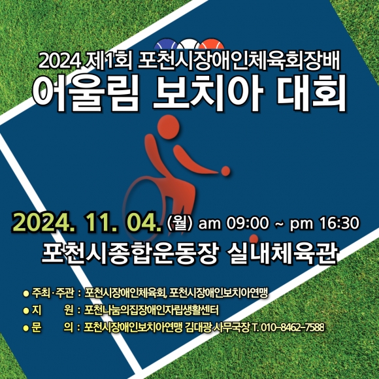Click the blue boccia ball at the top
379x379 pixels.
coord(166,45)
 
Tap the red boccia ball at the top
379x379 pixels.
coord(212,45)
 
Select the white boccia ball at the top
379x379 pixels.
coord(189,45)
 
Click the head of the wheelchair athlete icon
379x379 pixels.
coord(169,127)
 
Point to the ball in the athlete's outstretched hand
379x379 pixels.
coord(225,171)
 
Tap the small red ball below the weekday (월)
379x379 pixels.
coord(254,239)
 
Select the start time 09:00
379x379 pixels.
coord(248,223)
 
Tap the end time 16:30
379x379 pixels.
coord(339,223)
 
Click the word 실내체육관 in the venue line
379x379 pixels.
coord(282,253)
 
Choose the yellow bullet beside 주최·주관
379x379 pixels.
coord(26,293)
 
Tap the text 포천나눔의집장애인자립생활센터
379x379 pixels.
coord(152,310)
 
